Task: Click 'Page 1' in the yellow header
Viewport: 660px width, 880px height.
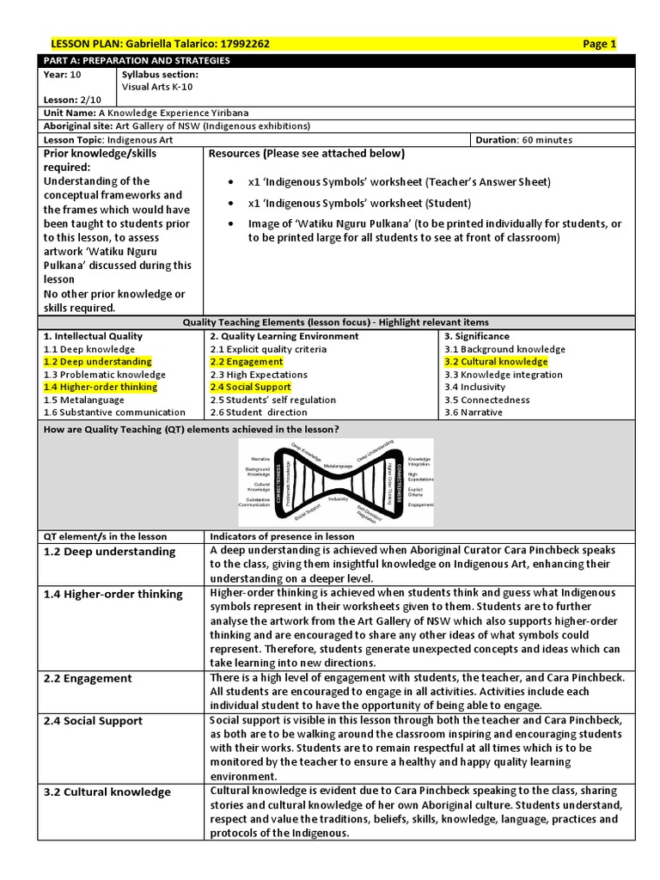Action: point(599,44)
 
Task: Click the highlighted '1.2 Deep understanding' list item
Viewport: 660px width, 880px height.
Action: point(97,362)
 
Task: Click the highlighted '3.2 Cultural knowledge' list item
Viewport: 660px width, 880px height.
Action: point(496,362)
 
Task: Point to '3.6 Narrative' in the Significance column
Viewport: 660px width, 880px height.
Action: point(474,412)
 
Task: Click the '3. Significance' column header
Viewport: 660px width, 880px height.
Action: point(477,336)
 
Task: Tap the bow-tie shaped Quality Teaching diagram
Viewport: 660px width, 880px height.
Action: point(335,482)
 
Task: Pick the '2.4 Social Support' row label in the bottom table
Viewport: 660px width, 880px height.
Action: point(93,721)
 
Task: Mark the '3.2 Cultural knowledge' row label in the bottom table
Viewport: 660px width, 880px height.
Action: point(107,792)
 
